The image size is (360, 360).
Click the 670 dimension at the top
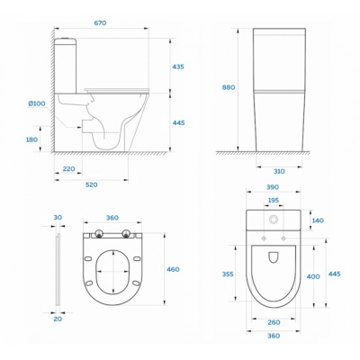tap(100, 22)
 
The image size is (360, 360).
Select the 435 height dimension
tap(178, 67)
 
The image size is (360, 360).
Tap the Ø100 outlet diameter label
tap(37, 103)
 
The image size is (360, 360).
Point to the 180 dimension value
tap(31, 139)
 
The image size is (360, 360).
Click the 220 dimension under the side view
tap(68, 169)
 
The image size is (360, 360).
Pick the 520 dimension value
tap(92, 184)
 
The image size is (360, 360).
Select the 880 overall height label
tap(229, 87)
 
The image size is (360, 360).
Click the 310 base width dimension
tap(279, 171)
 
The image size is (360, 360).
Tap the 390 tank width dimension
tap(273, 187)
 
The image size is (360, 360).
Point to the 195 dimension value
tap(274, 200)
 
